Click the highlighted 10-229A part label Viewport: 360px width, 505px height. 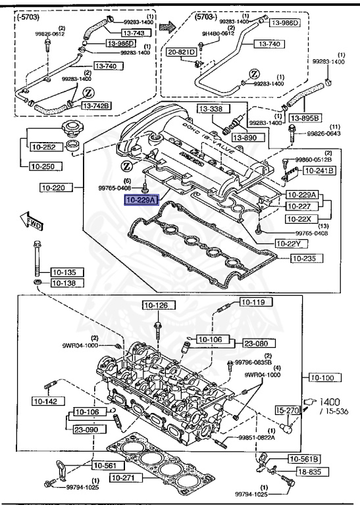[x=141, y=199]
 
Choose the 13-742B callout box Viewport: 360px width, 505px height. [x=97, y=106]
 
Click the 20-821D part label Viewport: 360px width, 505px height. [x=182, y=51]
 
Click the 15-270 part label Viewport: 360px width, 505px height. [x=288, y=410]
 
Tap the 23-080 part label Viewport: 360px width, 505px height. [x=255, y=343]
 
